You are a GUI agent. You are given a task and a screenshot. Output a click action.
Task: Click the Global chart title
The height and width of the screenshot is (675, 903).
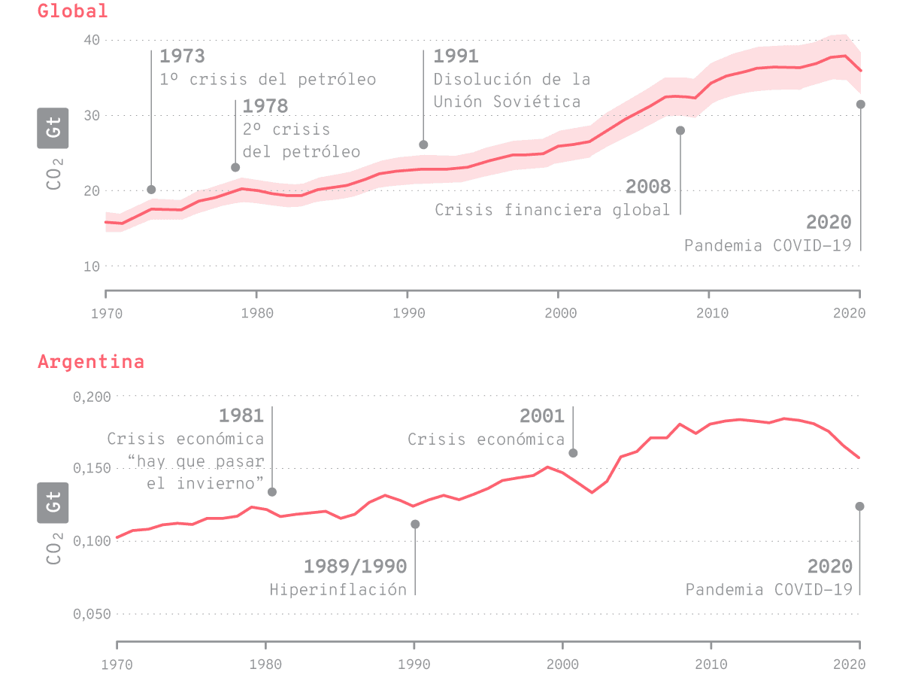point(73,11)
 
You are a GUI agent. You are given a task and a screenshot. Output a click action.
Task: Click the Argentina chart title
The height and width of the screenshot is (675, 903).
point(90,362)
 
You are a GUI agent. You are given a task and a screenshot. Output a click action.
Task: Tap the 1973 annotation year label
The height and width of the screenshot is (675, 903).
point(182,56)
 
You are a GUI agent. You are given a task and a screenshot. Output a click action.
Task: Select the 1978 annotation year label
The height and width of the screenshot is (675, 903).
point(265,107)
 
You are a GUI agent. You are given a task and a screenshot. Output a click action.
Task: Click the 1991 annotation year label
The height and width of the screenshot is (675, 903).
point(456,56)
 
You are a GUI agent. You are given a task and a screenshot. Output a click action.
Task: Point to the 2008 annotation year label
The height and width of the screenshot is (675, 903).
point(647,187)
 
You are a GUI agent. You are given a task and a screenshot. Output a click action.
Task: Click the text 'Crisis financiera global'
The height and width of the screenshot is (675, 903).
point(552,210)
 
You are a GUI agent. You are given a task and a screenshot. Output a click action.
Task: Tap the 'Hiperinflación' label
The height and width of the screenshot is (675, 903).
point(338,589)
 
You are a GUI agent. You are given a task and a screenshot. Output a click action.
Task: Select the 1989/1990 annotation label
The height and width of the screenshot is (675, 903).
point(355,566)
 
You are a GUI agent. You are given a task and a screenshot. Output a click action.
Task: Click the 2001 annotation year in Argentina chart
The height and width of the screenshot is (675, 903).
point(541,416)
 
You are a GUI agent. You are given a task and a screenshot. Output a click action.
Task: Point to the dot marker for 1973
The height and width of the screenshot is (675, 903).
point(151,190)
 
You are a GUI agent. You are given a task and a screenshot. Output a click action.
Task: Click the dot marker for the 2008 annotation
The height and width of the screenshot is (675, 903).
point(680,130)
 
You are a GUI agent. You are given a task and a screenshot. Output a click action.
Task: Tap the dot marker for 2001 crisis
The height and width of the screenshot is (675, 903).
point(573,453)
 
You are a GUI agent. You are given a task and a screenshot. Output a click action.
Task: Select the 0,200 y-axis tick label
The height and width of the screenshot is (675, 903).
point(92,396)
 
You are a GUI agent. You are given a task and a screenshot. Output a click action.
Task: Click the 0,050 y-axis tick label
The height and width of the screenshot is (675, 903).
point(92,614)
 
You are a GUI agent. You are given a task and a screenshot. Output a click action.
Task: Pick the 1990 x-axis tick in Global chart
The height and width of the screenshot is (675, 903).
point(407,312)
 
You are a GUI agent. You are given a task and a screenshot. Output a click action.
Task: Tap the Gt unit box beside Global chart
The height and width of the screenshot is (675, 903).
point(53,128)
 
